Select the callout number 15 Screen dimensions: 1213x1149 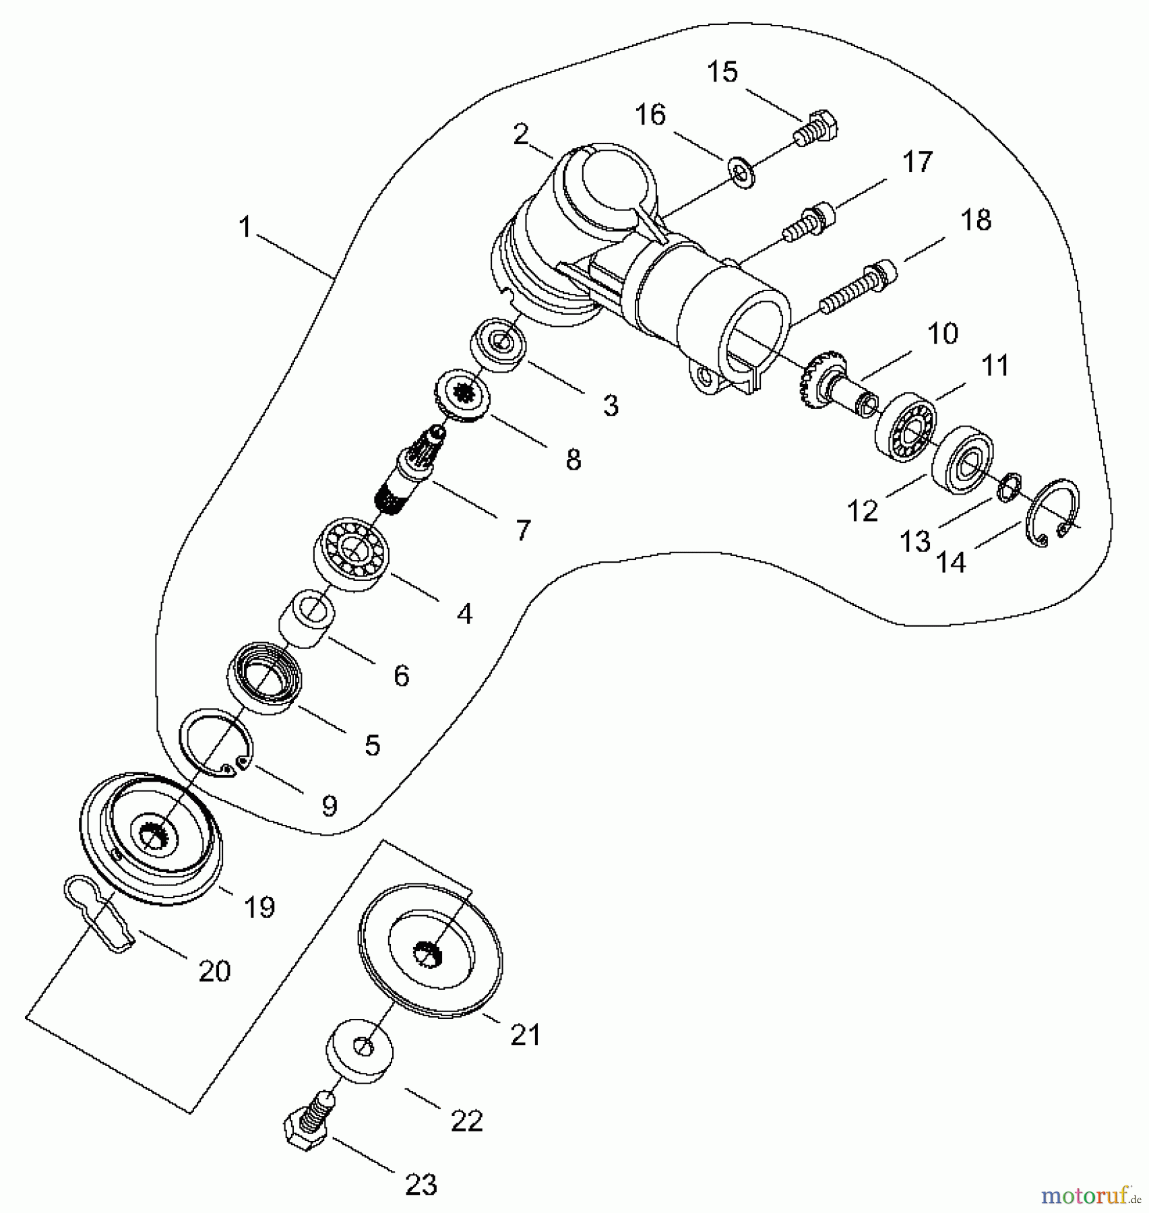(x=722, y=72)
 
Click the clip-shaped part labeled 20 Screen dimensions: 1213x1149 (x=101, y=914)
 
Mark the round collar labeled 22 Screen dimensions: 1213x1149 (x=361, y=1054)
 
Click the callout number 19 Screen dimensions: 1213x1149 (x=259, y=907)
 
